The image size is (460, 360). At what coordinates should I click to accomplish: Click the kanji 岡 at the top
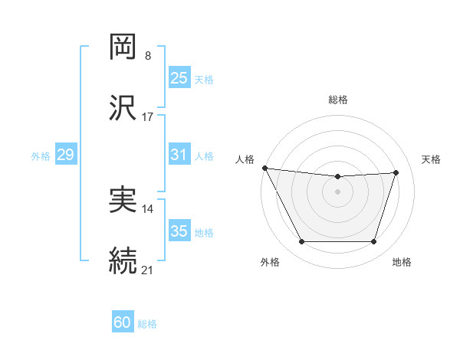pyautogui.click(x=123, y=47)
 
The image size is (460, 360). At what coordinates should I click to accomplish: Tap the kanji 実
pyautogui.click(x=123, y=200)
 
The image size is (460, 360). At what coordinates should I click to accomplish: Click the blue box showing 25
pyautogui.click(x=179, y=78)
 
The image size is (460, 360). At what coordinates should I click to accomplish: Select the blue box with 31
pyautogui.click(x=179, y=155)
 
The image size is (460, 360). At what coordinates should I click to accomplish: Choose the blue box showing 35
pyautogui.click(x=179, y=231)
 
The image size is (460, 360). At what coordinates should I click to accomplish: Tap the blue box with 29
pyautogui.click(x=65, y=155)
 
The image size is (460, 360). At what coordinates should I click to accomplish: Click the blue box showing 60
pyautogui.click(x=123, y=322)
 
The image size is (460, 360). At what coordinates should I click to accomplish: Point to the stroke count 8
pyautogui.click(x=147, y=56)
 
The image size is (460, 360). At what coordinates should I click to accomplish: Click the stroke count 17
pyautogui.click(x=148, y=116)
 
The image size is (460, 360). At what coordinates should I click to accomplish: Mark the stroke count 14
pyautogui.click(x=148, y=209)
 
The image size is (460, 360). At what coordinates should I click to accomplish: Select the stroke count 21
pyautogui.click(x=148, y=270)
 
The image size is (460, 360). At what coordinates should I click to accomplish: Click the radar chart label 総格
pyautogui.click(x=338, y=100)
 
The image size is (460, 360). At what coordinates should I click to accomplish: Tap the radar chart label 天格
pyautogui.click(x=431, y=159)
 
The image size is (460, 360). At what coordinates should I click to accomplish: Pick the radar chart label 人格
pyautogui.click(x=245, y=159)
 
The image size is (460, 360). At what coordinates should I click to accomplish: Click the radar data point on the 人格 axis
pyautogui.click(x=264, y=168)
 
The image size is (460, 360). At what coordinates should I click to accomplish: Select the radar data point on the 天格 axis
pyautogui.click(x=396, y=173)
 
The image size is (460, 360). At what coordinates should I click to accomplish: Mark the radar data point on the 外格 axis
pyautogui.click(x=301, y=242)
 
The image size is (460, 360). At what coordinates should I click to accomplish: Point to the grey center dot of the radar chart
pyautogui.click(x=337, y=191)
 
